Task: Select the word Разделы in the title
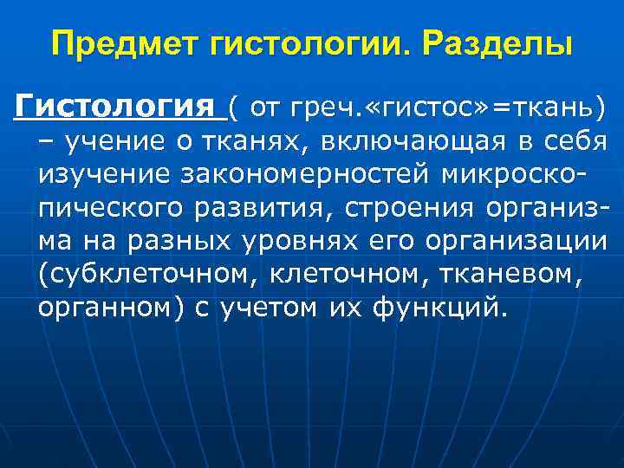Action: tap(497, 42)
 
